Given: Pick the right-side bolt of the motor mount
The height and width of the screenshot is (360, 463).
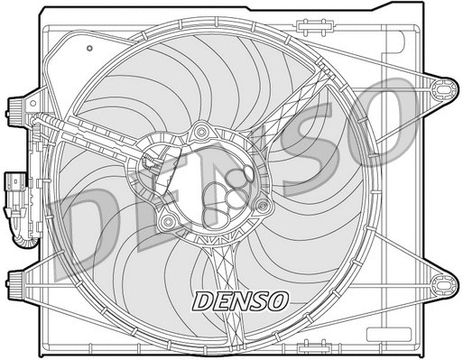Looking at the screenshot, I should click(263, 206).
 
